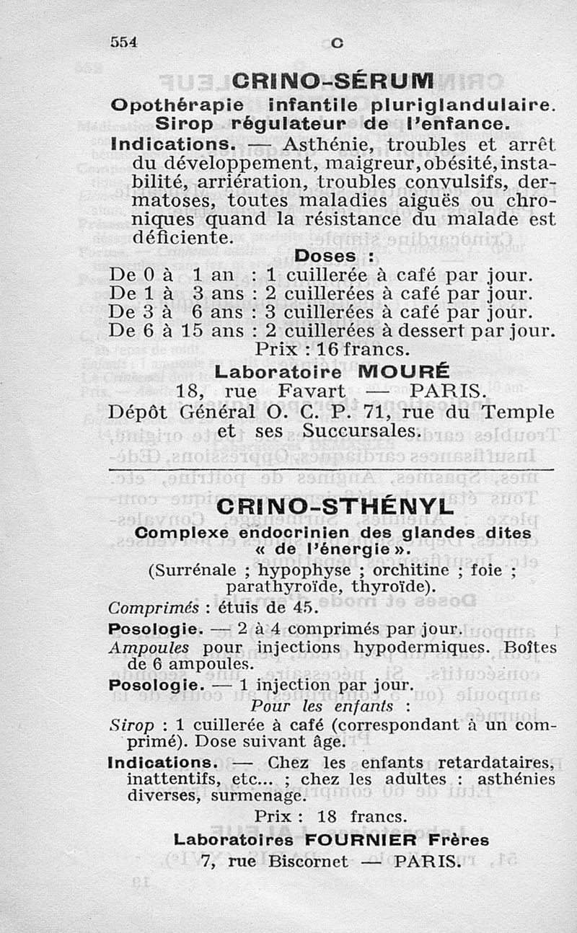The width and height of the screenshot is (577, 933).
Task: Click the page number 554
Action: point(124,43)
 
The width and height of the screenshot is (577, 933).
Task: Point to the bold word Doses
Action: point(325,257)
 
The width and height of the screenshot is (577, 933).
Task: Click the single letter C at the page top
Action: point(335,43)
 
